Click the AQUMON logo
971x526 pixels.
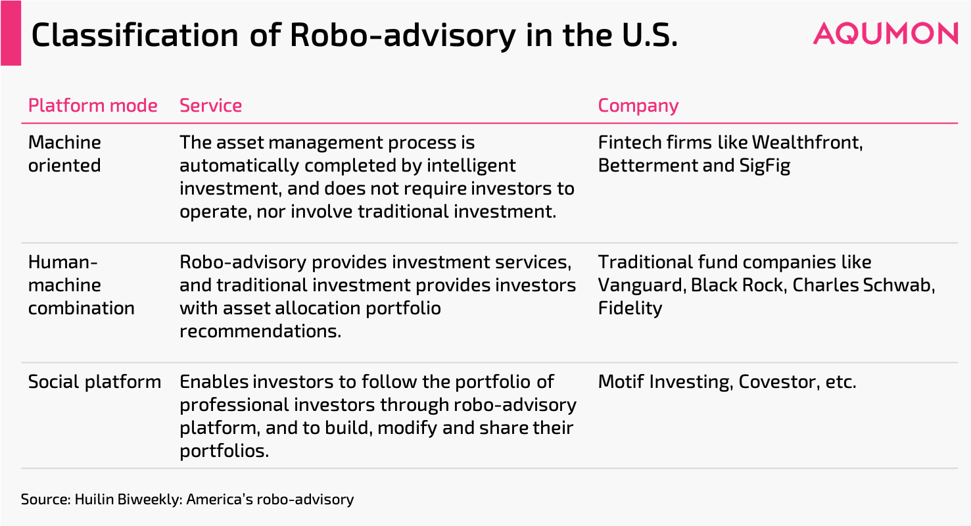coord(885,33)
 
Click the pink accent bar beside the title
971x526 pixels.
coord(11,33)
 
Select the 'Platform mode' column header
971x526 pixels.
coord(93,106)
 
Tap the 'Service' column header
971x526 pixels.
coord(210,106)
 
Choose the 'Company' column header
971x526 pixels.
coord(638,106)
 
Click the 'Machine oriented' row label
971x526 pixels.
coord(64,154)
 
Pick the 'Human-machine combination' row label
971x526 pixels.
coord(81,285)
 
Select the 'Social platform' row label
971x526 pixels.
coord(94,382)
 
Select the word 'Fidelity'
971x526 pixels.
coord(630,308)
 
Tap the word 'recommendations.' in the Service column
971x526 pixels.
coord(260,331)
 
